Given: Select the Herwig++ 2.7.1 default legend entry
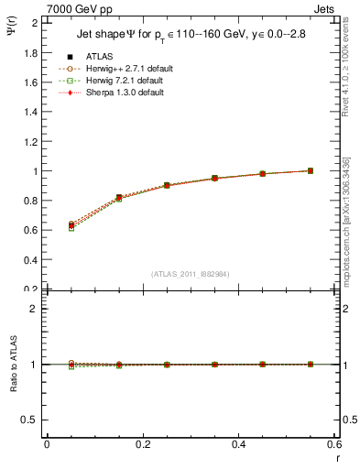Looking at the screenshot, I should coord(123,69).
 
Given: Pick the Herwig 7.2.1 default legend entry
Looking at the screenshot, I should coord(121,81).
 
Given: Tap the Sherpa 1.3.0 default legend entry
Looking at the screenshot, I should coord(121,93).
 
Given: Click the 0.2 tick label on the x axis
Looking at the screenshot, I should coord(142,444).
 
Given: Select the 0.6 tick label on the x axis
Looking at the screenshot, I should coord(334,444).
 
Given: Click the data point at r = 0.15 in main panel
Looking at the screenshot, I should coord(119,197).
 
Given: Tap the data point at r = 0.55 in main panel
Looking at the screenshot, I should coord(311,170).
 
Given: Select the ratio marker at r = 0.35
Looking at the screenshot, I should coord(214,365).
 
